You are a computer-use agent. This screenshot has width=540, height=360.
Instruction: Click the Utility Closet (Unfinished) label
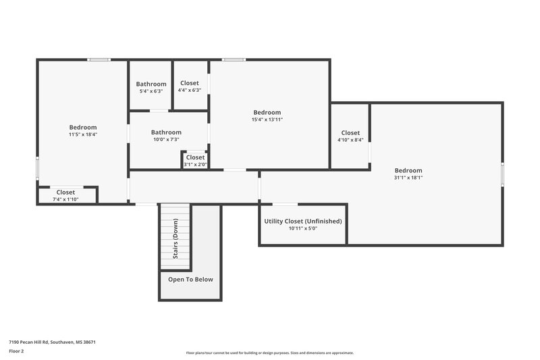(x=303, y=221)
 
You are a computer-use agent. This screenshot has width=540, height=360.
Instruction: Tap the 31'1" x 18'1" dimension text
(x=408, y=178)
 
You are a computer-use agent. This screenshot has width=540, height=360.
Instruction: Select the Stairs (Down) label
(x=175, y=238)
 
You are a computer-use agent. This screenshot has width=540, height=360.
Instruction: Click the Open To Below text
(x=190, y=279)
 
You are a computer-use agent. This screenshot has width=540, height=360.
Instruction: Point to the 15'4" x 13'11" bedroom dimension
(x=267, y=120)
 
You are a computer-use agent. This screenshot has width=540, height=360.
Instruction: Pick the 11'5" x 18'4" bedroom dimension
(x=83, y=134)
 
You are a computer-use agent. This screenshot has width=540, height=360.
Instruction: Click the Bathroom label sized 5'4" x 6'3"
(x=151, y=84)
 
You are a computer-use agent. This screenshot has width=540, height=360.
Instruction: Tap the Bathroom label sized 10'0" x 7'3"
(x=166, y=132)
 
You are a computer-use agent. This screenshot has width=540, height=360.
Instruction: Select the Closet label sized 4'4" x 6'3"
(x=190, y=83)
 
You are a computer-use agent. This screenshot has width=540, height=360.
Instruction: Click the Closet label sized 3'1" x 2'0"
(x=196, y=157)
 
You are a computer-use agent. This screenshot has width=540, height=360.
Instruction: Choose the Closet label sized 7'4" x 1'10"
(x=65, y=192)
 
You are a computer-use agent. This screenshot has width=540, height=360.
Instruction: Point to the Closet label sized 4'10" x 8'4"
(x=350, y=133)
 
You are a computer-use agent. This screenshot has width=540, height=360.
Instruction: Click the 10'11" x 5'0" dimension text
(x=303, y=228)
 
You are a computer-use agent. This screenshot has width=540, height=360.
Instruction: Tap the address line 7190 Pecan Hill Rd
(x=52, y=342)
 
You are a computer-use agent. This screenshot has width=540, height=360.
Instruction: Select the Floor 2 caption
(x=17, y=351)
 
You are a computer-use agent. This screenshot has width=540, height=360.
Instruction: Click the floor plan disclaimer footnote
(x=270, y=353)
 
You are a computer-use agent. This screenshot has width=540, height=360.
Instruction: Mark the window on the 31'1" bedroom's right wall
(x=503, y=173)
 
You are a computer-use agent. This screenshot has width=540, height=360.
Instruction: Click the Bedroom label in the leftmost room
(x=83, y=127)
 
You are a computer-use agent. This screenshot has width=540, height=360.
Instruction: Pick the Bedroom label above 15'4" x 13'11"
(x=267, y=112)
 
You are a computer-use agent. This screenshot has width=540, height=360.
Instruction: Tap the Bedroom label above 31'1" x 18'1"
(x=408, y=170)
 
